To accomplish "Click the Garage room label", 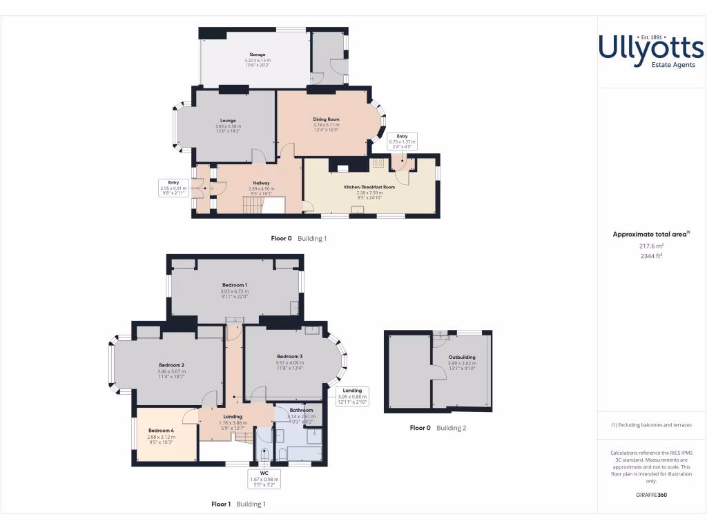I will click(258, 55).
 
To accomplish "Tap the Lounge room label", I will click(228, 121).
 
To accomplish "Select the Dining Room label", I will click(326, 119).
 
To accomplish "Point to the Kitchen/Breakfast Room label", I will click(369, 187).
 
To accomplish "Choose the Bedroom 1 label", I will click(235, 285).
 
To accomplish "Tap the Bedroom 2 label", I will click(171, 365).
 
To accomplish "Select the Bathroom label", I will click(301, 411).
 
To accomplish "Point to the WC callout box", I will click(264, 478).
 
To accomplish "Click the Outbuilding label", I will click(462, 357).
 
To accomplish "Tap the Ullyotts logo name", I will click(650, 48).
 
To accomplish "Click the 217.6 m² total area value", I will click(651, 245).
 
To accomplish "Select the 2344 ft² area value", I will click(651, 255).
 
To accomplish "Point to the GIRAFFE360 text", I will click(651, 495).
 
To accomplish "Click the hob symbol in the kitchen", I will click(378, 164).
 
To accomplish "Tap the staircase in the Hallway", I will click(254, 204).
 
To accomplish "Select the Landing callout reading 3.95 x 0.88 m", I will click(352, 396).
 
